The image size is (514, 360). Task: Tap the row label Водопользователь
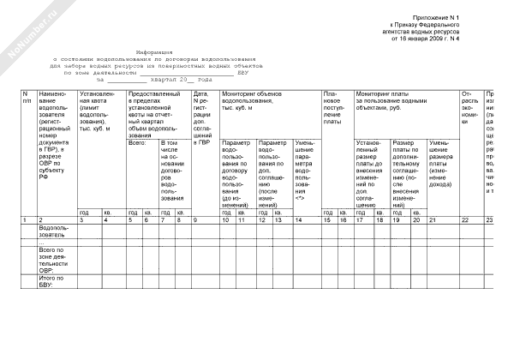click(x=57, y=231)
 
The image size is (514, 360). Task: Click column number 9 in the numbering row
click(x=197, y=220)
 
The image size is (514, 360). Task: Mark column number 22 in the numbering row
click(x=463, y=220)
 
